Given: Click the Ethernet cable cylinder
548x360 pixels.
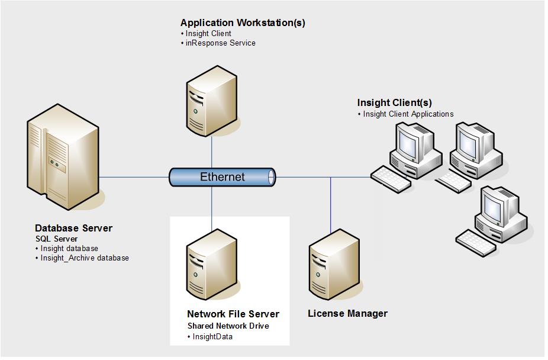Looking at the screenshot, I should pyautogui.click(x=223, y=177).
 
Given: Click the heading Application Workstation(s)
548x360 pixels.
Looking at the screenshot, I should pyautogui.click(x=243, y=23).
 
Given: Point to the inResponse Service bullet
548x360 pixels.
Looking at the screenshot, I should pyautogui.click(x=220, y=43).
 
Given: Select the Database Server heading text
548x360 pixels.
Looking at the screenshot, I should pyautogui.click(x=73, y=229).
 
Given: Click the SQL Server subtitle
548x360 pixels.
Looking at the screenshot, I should pyautogui.click(x=53, y=239).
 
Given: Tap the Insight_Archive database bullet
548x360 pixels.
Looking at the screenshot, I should pyautogui.click(x=85, y=258).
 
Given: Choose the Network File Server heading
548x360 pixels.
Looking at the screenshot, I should pyautogui.click(x=233, y=314).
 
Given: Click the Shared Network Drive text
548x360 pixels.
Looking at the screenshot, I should pyautogui.click(x=228, y=326).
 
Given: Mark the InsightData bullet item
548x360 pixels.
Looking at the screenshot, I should pyautogui.click(x=212, y=337).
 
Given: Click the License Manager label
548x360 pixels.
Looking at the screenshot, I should pyautogui.click(x=347, y=314).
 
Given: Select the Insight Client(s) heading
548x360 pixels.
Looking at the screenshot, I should pyautogui.click(x=394, y=103).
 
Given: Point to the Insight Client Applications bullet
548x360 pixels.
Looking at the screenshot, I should pyautogui.click(x=408, y=114).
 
